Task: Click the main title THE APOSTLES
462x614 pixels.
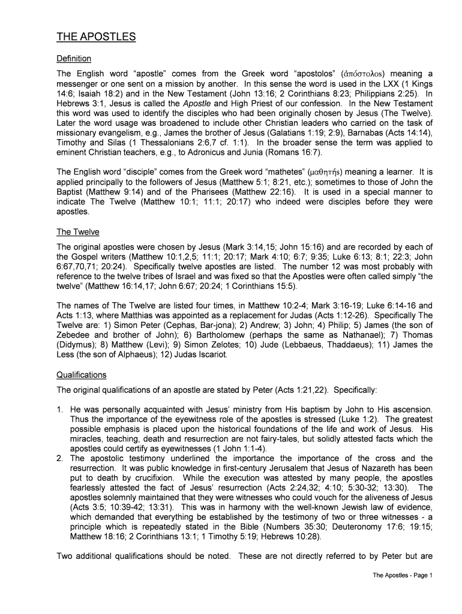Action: [96, 37]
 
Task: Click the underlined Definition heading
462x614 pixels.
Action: [74, 59]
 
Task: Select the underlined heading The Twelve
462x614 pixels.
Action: [78, 232]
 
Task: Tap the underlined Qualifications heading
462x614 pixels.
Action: [82, 375]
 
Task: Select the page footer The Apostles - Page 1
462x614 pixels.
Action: [403, 576]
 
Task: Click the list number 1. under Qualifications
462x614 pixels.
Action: [60, 409]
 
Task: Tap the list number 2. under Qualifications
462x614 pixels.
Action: [60, 458]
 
